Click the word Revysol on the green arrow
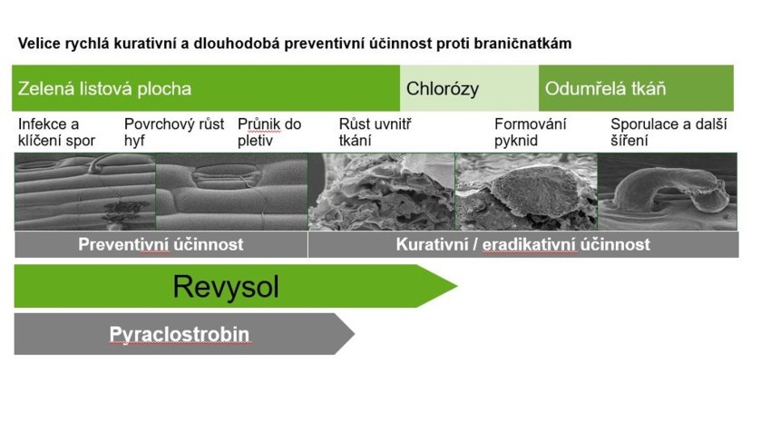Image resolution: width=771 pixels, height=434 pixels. coord(226,286)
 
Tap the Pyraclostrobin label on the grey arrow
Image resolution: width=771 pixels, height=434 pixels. coord(179,334)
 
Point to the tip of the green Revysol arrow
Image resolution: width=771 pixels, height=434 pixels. coord(457,286)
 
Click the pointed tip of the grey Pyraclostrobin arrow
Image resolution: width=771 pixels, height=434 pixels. coord(354,333)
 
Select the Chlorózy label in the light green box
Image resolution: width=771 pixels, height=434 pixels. coord(443,89)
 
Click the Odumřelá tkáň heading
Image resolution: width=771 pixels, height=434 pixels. coord(605,89)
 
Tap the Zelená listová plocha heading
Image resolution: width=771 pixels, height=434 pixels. coord(104,89)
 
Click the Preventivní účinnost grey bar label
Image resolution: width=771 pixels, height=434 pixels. coord(161,244)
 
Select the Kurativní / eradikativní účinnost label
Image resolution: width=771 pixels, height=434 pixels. coord(522,244)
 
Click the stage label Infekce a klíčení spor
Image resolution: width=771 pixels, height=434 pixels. coord(56,133)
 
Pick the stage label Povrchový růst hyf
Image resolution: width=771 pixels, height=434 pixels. coord(174,133)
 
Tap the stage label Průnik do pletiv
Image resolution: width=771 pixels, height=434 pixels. coord(269,133)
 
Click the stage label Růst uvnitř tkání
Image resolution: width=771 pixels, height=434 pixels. coord(375,133)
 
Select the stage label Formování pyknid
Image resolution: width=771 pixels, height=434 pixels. coord(530,133)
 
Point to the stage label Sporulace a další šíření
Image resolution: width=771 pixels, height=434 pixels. coord(669,133)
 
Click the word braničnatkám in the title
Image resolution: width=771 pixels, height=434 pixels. coord(522,44)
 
